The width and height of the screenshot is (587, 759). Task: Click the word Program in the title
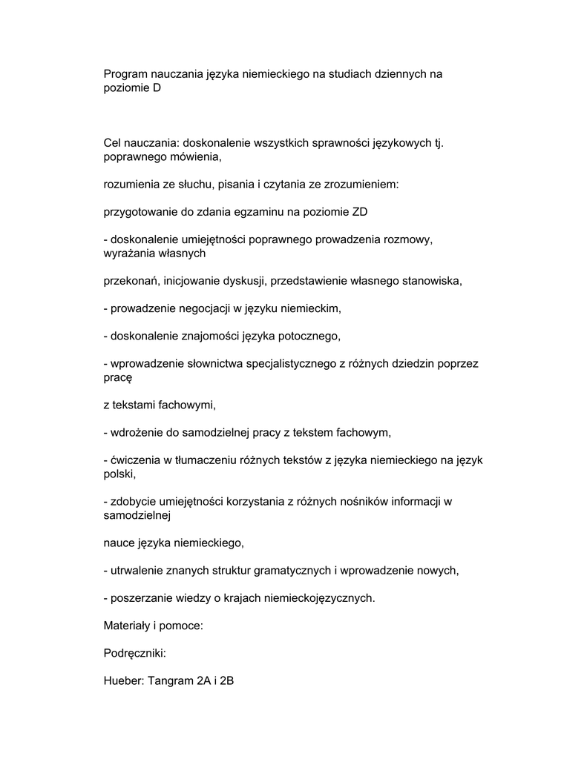[x=125, y=74]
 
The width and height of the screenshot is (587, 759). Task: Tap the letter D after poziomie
[x=156, y=87]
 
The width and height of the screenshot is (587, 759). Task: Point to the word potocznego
[x=309, y=336]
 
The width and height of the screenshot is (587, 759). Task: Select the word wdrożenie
[x=135, y=432]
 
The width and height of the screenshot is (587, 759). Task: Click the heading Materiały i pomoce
[x=153, y=626]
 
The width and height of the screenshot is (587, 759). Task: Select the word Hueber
[x=122, y=680]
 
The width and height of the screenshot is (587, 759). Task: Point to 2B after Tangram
[x=226, y=680]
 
